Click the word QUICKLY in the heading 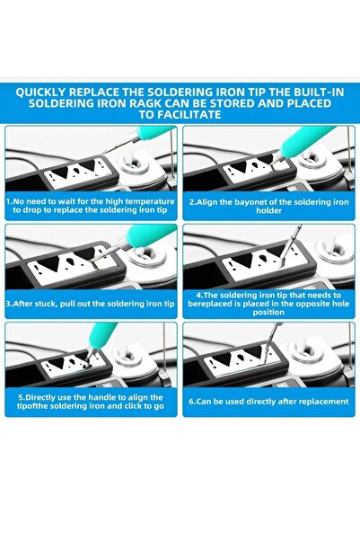pos(40,93)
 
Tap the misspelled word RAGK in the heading pos(138,103)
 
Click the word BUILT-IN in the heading pos(319,93)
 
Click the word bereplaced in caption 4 pos(208,304)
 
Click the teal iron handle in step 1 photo pos(154,131)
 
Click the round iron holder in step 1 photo pos(135,163)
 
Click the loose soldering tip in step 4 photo pos(290,245)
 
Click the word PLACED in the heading pos(310,103)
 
